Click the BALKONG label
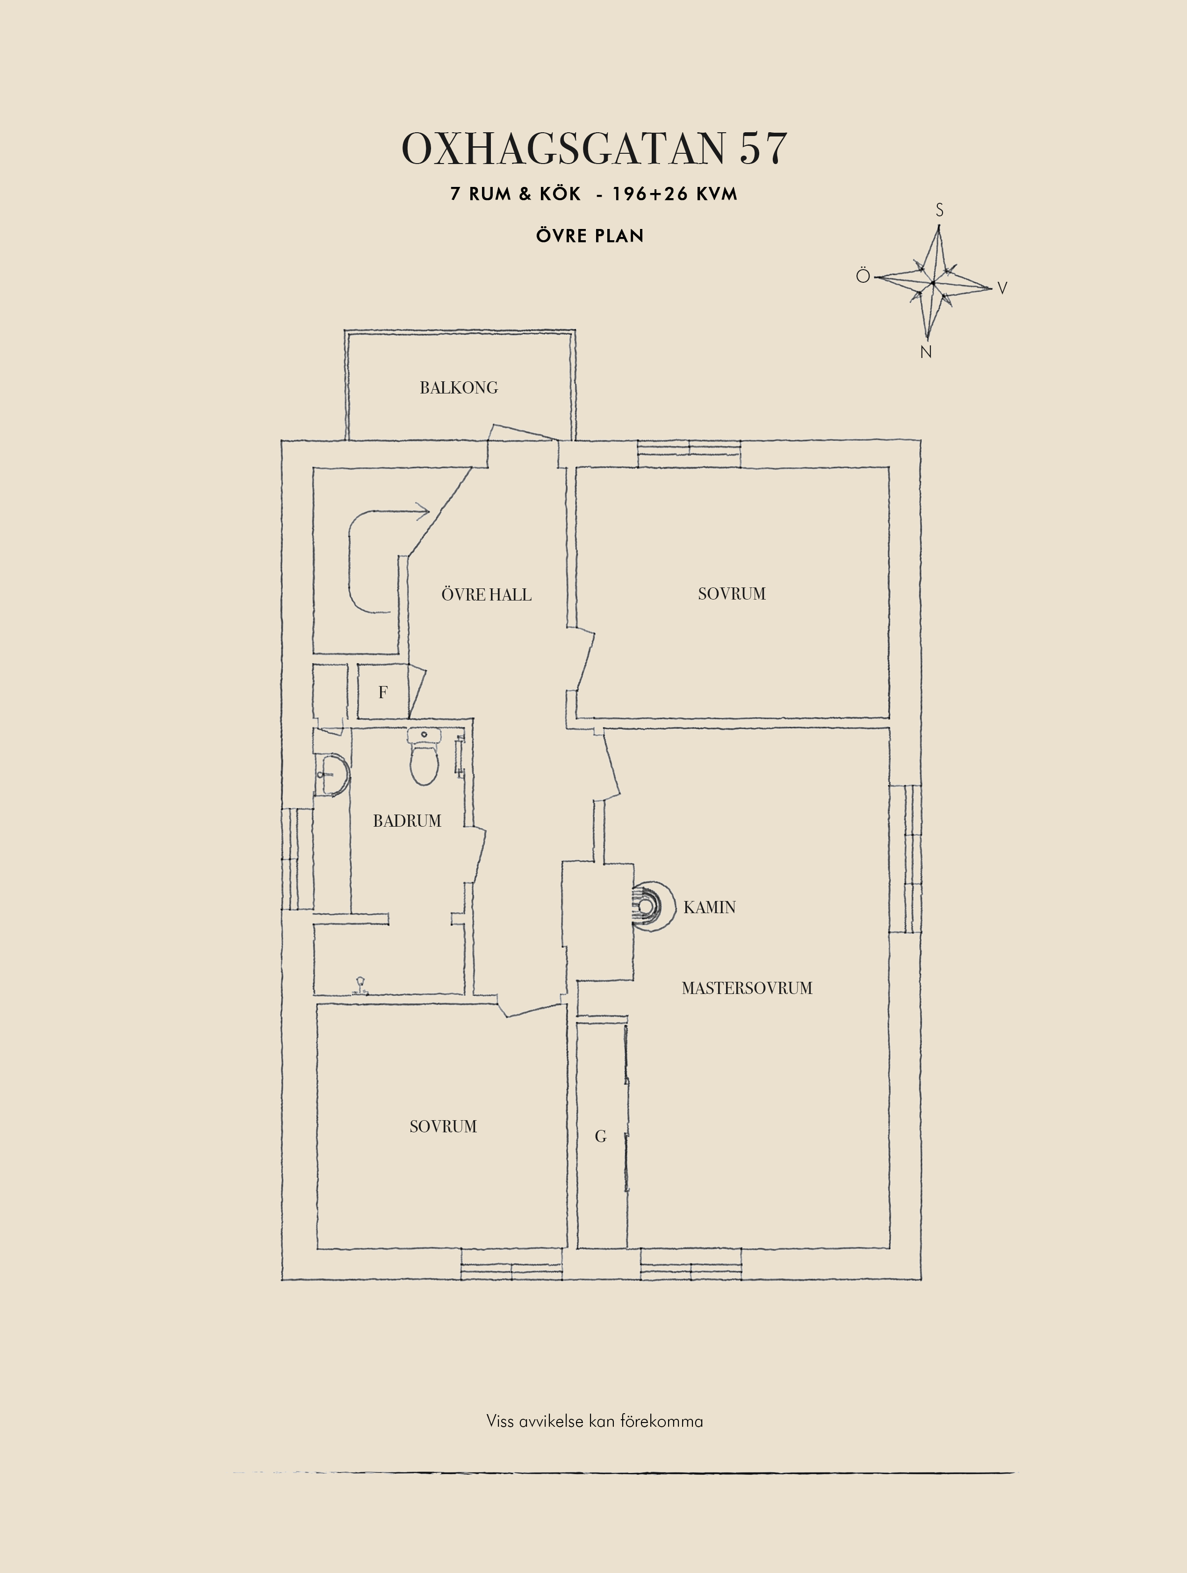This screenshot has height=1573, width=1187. coord(459,387)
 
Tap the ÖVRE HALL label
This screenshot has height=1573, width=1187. coord(487,594)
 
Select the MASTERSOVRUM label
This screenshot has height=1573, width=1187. coord(747,988)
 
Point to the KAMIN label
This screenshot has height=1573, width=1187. coord(709,908)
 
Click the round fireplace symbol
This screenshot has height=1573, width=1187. coord(653,907)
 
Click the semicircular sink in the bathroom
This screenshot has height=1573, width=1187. coord(331,775)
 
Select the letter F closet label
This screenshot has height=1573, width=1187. coord(382,692)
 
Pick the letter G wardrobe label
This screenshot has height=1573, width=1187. coord(600,1137)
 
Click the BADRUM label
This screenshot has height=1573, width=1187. coord(407,821)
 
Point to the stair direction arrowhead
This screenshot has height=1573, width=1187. coord(423,511)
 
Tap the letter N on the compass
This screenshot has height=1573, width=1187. coord(925,352)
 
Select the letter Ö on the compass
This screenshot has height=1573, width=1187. coord(863,275)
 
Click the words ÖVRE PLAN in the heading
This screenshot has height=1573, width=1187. coord(590,236)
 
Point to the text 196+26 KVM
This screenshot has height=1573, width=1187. coord(674,193)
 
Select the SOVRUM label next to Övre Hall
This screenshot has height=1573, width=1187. coord(732,594)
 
